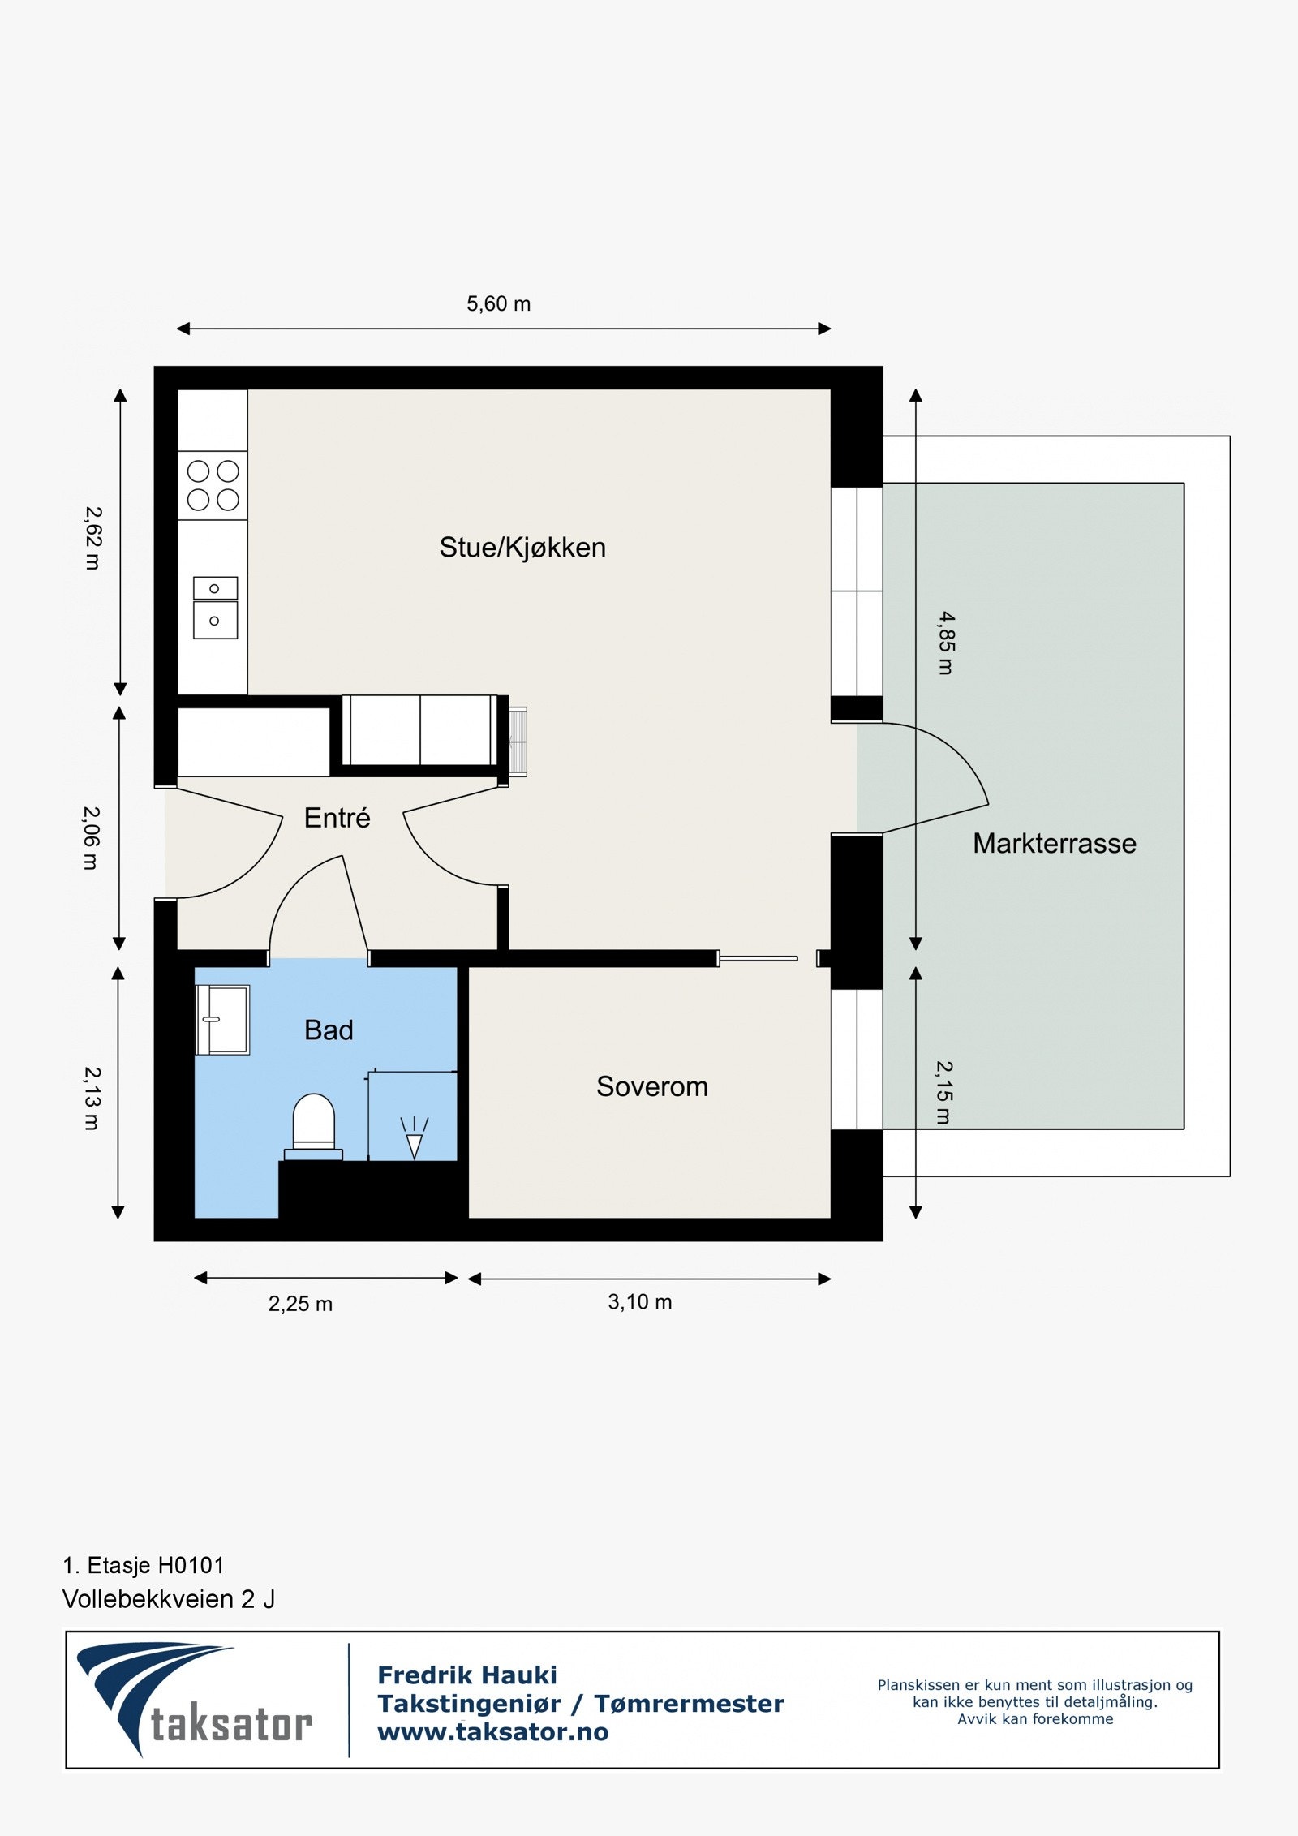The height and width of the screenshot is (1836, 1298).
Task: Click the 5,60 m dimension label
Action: click(498, 304)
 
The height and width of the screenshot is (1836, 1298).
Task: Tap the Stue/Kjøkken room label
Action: click(522, 548)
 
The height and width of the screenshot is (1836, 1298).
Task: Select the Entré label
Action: click(337, 818)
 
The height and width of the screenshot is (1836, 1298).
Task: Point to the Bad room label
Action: click(329, 1030)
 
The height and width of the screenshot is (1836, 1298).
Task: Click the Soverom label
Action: click(651, 1086)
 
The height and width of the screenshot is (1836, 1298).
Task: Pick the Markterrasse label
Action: click(1054, 844)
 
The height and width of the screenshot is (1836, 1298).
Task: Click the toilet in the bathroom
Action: click(313, 1124)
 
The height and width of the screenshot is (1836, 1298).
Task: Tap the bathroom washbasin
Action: click(223, 1020)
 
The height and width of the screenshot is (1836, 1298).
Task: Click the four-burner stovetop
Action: click(213, 485)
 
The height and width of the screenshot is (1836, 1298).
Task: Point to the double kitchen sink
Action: click(215, 608)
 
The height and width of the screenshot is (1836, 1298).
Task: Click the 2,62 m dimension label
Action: click(94, 538)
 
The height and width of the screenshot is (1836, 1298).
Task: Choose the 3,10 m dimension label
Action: click(639, 1302)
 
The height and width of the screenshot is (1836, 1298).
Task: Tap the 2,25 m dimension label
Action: click(300, 1304)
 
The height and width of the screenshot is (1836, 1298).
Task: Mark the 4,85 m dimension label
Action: click(946, 643)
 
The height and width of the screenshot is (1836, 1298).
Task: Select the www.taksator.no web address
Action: click(492, 1732)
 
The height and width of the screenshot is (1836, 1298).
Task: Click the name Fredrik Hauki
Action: click(467, 1675)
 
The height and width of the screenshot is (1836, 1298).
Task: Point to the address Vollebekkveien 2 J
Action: click(169, 1599)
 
